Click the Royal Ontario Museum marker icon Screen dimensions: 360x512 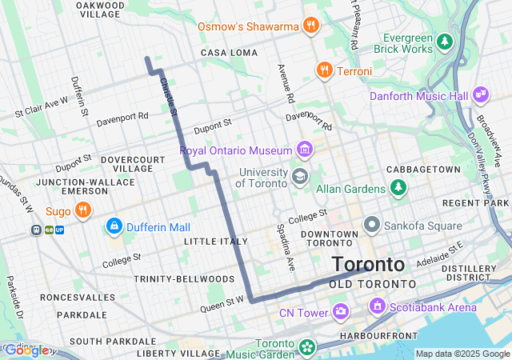[304, 150]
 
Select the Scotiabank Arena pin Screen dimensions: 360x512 [376, 306]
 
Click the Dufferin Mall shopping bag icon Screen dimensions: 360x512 [114, 227]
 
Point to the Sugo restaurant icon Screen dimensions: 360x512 [82, 210]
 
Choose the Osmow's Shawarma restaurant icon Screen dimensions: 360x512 [311, 26]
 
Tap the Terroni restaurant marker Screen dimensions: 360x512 [324, 70]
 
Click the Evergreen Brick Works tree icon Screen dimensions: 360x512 [444, 40]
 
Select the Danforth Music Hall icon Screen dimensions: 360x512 [481, 94]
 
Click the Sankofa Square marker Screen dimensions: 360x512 [371, 225]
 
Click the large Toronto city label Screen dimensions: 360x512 [368, 264]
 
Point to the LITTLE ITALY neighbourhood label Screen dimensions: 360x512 [211, 241]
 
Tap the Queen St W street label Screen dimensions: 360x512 [222, 302]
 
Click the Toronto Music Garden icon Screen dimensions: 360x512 [307, 348]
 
